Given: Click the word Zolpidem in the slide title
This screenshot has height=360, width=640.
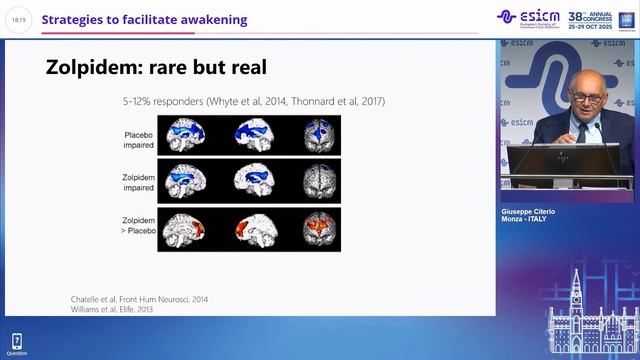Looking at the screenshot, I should [95, 68].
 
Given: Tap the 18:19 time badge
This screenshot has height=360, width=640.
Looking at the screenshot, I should [19, 19].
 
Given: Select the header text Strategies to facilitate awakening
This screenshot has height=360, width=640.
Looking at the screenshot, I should [144, 19].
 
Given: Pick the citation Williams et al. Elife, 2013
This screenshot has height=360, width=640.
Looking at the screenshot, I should [113, 311].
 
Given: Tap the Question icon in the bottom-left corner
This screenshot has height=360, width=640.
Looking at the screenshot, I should [17, 343].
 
